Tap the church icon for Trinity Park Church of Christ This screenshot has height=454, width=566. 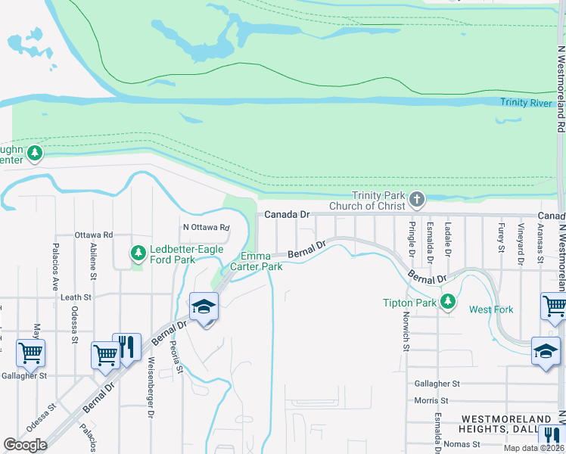click(416, 199)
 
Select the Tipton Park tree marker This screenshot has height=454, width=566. click(448, 301)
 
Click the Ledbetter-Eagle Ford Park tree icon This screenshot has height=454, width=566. click(137, 252)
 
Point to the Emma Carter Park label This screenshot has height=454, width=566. click(262, 261)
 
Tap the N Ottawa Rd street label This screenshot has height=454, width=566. click(206, 227)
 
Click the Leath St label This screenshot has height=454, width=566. click(76, 297)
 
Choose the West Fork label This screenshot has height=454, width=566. click(491, 309)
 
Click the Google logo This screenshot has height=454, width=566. click(26, 445)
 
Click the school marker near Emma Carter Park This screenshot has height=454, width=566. click(204, 307)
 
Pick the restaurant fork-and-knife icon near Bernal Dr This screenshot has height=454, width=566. click(126, 347)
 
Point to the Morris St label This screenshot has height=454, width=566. click(431, 400)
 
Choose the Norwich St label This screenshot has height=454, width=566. click(406, 334)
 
